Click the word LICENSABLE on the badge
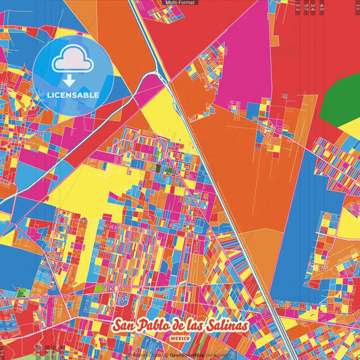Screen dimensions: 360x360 (x=72, y=95)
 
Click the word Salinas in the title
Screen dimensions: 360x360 (x=226, y=326)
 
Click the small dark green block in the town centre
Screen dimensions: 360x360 (x=159, y=168)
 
